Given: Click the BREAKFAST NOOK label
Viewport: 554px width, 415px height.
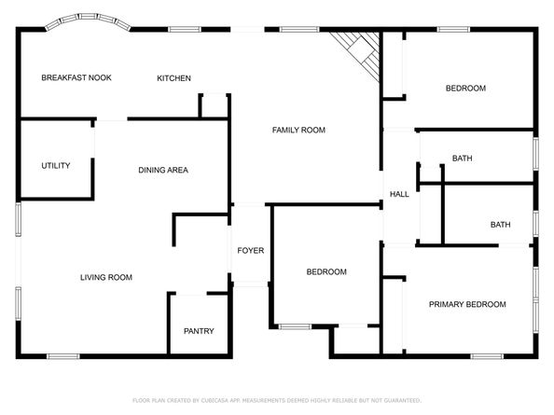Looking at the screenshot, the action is tap(76, 77).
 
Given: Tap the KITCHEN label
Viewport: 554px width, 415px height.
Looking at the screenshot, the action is tap(173, 78).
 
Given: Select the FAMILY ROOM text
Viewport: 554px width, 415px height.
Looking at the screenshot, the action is tap(298, 130).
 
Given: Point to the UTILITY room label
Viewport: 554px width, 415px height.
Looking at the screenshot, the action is tap(56, 165).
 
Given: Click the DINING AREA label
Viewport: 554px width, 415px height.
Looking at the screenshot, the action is tap(163, 170).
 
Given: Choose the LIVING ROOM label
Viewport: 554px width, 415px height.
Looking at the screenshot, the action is tap(106, 277).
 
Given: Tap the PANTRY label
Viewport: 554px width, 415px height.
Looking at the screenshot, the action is tap(199, 331).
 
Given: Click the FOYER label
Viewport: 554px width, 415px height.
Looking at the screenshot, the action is tap(251, 251).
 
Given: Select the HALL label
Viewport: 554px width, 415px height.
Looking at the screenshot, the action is tap(399, 194).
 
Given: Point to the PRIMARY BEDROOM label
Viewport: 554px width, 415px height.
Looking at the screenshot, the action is tap(467, 304).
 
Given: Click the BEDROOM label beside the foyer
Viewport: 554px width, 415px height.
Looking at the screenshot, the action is tap(326, 271).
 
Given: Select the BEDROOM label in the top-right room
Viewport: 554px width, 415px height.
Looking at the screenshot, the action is tap(465, 88).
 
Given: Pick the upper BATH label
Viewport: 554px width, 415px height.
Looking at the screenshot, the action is tap(463, 159).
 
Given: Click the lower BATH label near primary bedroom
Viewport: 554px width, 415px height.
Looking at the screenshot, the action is tap(500, 224).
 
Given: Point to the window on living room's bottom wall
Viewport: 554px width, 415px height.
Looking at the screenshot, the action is tap(63, 356).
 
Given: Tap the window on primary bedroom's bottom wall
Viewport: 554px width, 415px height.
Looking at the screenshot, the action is tap(487, 356).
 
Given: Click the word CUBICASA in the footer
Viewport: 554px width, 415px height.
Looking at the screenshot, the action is tap(215, 400).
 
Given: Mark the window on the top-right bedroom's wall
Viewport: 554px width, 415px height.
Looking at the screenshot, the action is tap(453, 29).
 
